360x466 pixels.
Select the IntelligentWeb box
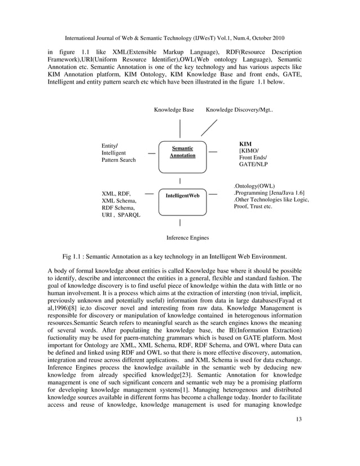(x=179, y=196)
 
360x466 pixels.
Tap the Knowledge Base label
(x=174, y=110)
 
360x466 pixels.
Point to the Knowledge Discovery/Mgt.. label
(x=239, y=110)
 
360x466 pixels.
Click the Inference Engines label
(x=187, y=238)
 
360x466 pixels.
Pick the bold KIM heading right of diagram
(x=245, y=144)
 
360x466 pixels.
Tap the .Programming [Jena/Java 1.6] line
(x=269, y=193)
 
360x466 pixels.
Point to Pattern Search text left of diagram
(x=118, y=160)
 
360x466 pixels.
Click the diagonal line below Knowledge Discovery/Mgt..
(x=209, y=128)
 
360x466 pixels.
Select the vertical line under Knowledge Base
(x=180, y=128)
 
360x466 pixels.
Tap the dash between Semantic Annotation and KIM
(x=213, y=152)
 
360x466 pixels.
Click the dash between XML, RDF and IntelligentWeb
(x=150, y=194)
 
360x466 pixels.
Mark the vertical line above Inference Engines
(x=179, y=224)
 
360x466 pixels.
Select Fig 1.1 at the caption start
(x=74, y=256)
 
